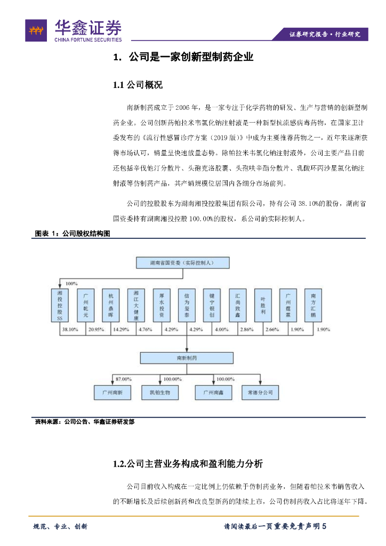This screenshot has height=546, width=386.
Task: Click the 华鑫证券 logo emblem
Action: [36, 30]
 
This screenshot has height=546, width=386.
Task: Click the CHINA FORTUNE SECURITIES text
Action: [88, 39]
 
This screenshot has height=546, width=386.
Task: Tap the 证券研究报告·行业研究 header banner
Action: [325, 34]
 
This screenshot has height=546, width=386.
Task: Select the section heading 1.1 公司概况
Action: [138, 85]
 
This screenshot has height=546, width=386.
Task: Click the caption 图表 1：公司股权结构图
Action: [72, 233]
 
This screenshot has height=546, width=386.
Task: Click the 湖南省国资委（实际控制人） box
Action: [182, 263]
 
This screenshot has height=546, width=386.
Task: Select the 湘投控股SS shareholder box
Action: [60, 306]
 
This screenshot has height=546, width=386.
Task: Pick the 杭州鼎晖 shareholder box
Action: [111, 306]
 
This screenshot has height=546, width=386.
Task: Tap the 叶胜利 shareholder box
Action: [262, 306]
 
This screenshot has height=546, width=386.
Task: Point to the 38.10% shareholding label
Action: [70, 330]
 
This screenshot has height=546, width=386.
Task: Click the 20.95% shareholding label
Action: [95, 330]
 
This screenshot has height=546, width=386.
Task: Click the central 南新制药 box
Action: [182, 357]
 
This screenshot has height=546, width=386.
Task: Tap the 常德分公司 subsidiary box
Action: [260, 392]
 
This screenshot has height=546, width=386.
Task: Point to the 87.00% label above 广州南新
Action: [123, 379]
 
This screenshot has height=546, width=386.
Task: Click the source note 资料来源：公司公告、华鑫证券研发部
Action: [84, 421]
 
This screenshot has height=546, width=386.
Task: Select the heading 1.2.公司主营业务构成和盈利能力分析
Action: [188, 463]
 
